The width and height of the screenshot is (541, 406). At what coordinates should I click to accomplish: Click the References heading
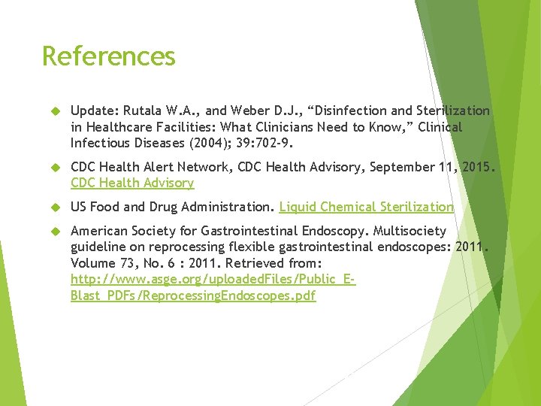click(109, 56)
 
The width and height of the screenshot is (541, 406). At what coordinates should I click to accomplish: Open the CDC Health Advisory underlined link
click(132, 183)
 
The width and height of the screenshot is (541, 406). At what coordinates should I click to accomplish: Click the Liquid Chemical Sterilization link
click(367, 207)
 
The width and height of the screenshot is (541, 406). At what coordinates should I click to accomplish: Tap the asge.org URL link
click(213, 280)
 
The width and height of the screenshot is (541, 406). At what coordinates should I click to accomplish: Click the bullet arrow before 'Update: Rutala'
click(54, 112)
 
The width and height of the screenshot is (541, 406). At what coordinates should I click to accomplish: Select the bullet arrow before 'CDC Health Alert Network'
click(54, 168)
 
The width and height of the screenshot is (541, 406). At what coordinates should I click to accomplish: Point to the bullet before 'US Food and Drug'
click(54, 208)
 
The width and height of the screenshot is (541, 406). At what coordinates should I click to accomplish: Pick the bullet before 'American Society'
click(54, 232)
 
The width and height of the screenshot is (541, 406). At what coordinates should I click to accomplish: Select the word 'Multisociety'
click(409, 231)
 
